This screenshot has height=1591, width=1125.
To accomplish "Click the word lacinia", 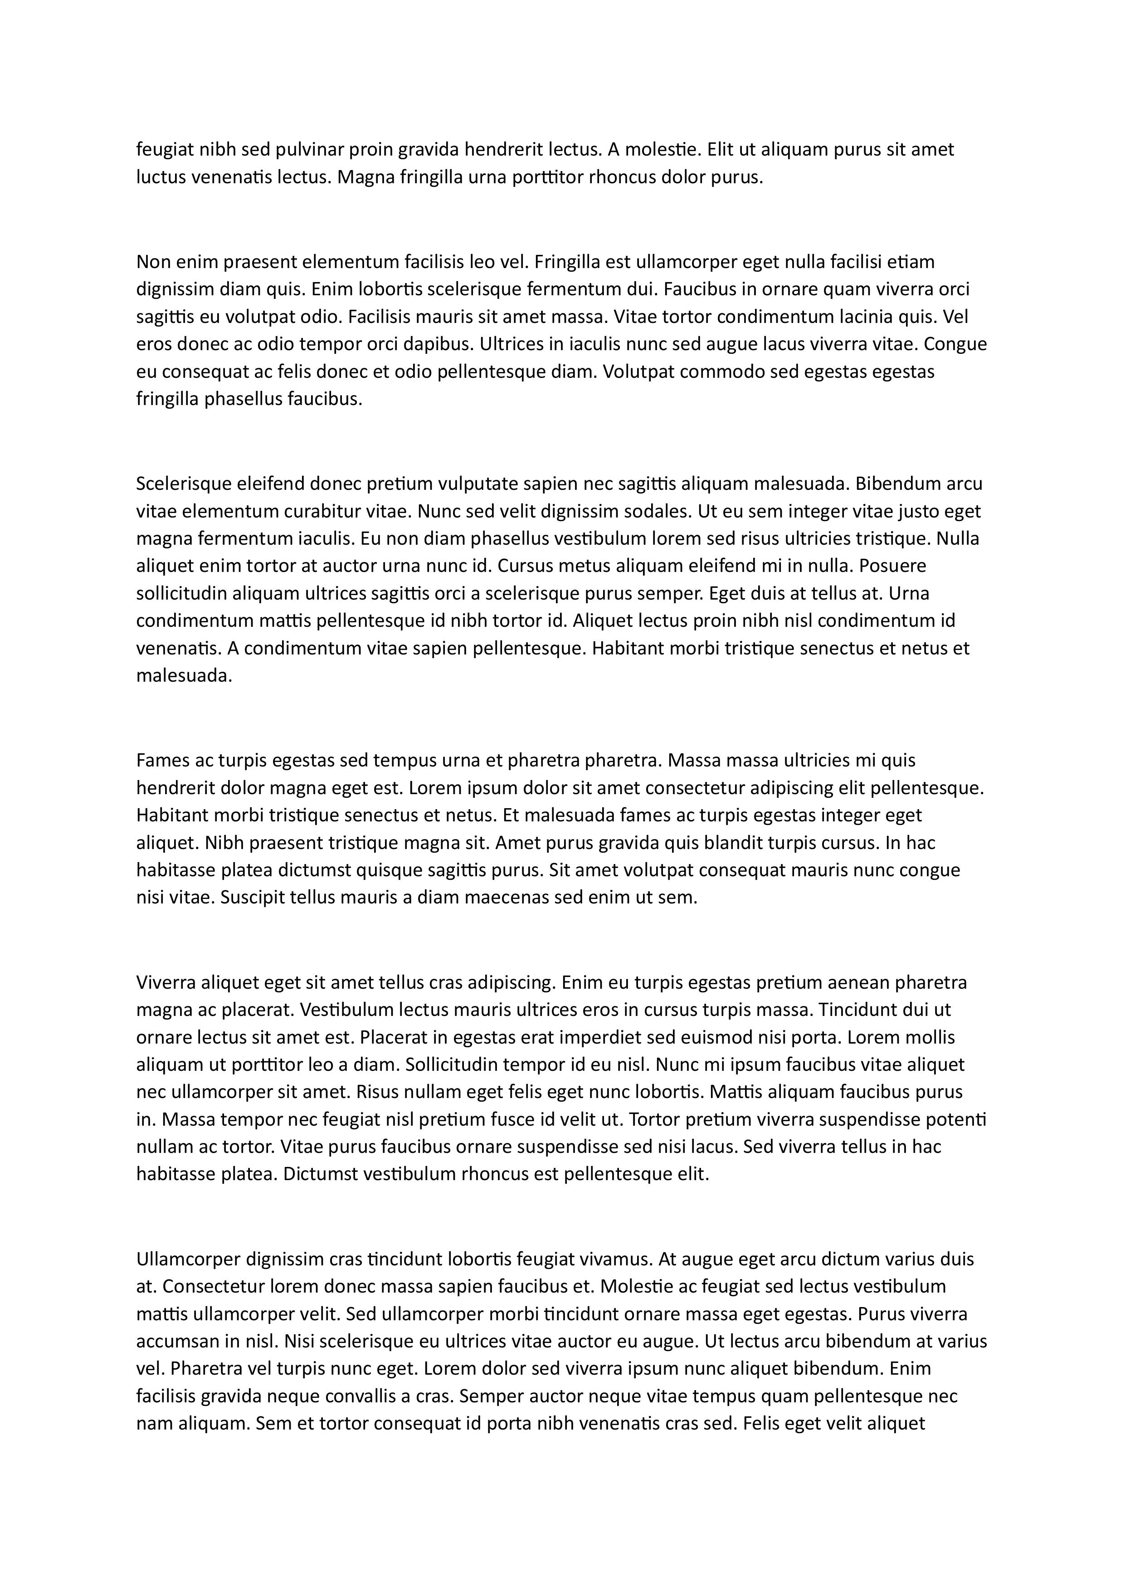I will pos(857,317).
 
